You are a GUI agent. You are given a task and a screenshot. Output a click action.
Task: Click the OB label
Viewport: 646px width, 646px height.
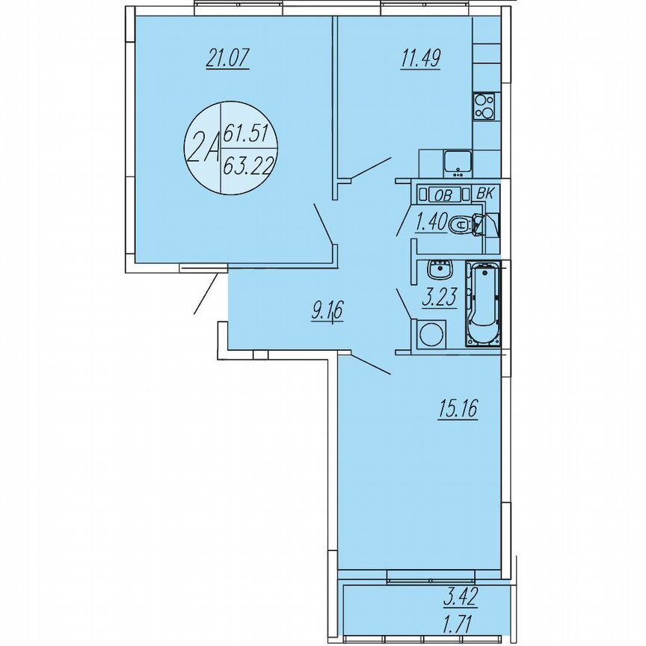point(443,195)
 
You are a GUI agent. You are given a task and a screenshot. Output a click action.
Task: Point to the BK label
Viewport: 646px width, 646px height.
point(485,194)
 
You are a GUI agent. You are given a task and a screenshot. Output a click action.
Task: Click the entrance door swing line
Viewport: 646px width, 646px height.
point(207,294)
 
